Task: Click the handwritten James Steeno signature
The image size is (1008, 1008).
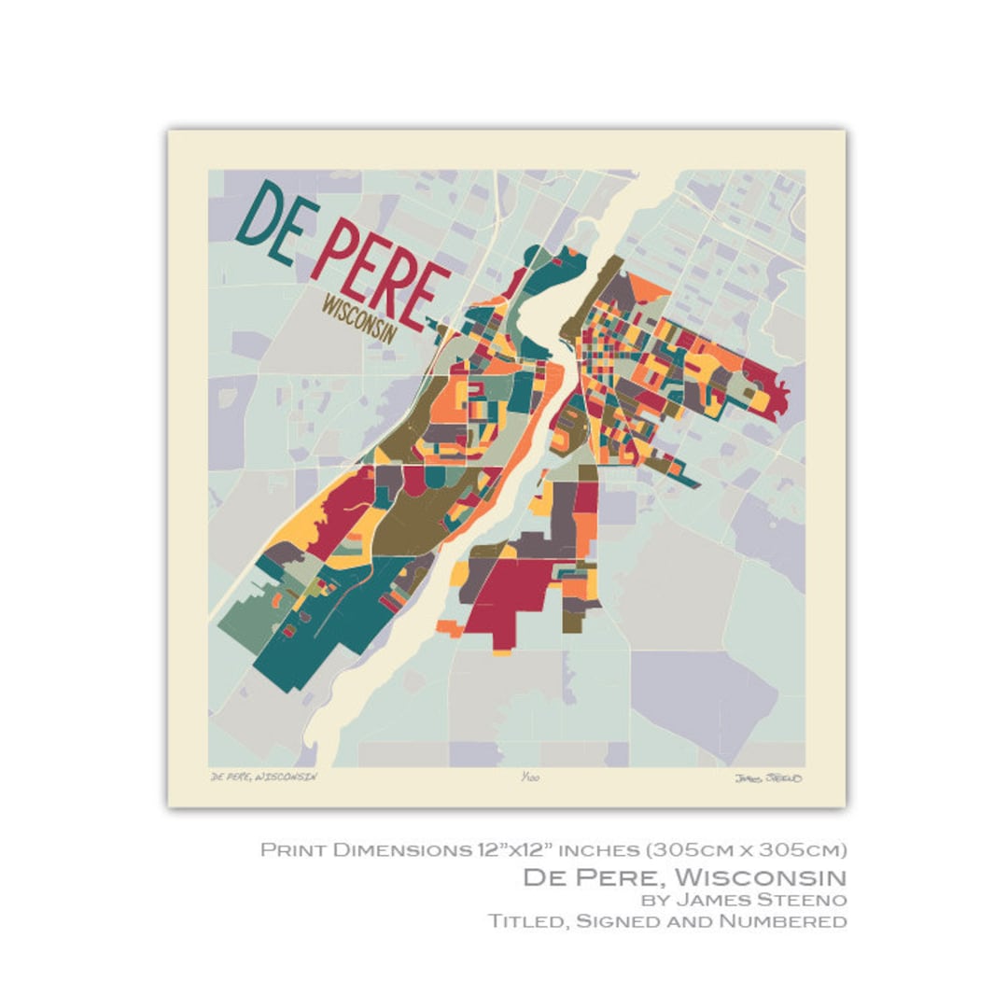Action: point(768,777)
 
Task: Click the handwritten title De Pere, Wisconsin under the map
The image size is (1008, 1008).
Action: point(264,777)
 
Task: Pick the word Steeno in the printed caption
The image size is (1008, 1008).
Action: point(807,901)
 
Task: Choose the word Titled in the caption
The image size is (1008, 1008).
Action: point(525,921)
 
